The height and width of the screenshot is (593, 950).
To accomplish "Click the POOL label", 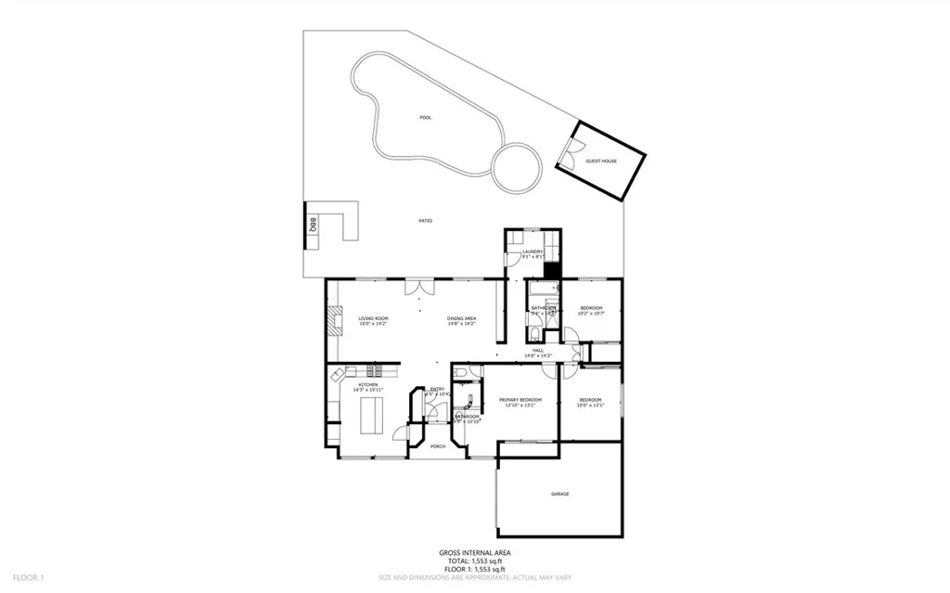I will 426,118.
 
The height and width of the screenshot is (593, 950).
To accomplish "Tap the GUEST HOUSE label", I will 601,161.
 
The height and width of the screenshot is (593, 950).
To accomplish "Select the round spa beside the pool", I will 516,166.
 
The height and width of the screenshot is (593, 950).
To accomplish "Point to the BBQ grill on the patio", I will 313,226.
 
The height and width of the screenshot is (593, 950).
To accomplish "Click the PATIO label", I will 426,220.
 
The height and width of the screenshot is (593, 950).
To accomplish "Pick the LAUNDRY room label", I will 533,251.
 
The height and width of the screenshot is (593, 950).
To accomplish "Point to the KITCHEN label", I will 369,384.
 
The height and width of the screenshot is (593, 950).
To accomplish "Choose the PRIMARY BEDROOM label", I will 520,400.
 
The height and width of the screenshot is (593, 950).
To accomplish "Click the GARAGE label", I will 559,494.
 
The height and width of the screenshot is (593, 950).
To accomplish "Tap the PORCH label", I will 438,446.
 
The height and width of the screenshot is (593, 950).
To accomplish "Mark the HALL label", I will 538,351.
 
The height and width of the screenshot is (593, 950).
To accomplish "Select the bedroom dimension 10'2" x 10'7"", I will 591,314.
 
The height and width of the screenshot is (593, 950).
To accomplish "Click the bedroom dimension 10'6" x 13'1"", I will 591,406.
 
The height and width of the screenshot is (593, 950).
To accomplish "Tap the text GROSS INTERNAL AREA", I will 475,552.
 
